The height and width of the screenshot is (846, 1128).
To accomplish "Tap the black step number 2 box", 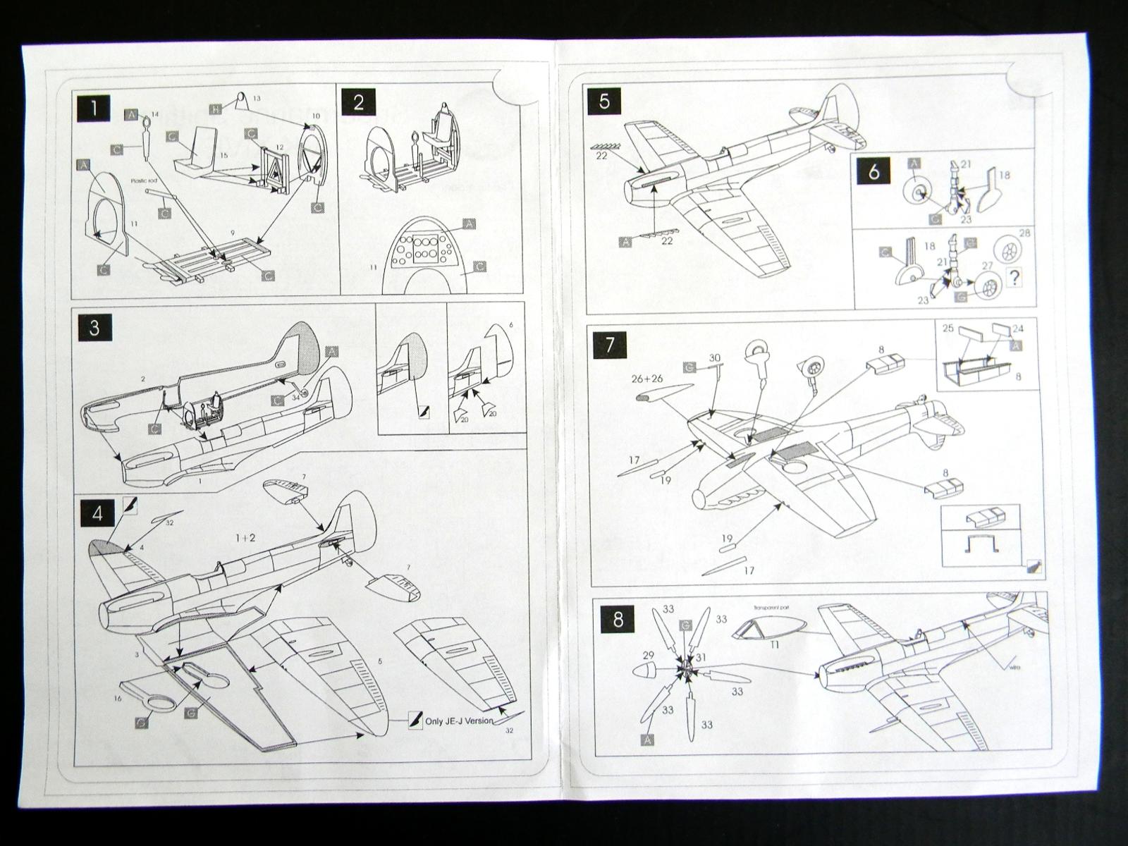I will click(x=358, y=103).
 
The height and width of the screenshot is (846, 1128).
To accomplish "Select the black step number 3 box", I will click(x=95, y=328).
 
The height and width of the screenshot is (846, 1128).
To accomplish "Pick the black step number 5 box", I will click(x=605, y=101).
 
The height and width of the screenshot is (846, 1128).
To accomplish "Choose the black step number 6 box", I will click(x=874, y=171).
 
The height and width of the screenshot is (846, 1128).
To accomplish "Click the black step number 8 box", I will click(x=618, y=620).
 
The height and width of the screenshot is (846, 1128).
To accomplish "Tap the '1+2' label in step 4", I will click(x=246, y=537).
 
